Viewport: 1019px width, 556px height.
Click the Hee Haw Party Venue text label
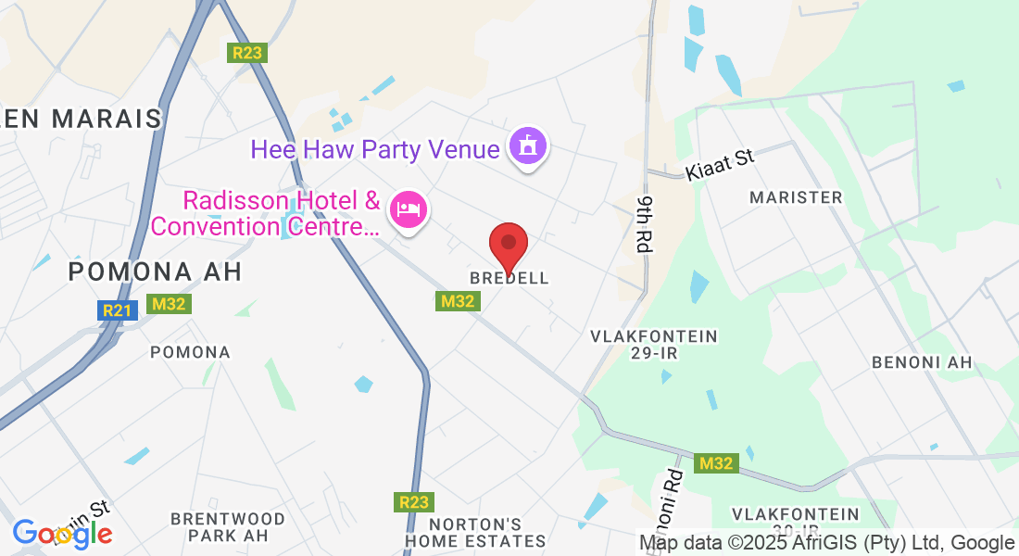(x=375, y=149)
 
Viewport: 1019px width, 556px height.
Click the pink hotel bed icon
(x=409, y=208)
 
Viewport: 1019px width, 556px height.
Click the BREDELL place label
(x=509, y=278)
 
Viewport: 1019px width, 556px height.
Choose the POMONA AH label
(x=156, y=272)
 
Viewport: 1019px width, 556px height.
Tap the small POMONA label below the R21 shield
(x=190, y=352)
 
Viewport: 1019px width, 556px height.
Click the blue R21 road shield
(x=118, y=310)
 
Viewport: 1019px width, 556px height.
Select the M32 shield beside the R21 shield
(x=170, y=304)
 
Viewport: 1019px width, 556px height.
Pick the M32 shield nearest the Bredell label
(x=458, y=301)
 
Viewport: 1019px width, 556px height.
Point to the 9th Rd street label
(x=644, y=225)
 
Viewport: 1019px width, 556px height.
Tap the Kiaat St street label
(x=720, y=166)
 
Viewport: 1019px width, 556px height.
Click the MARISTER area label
(x=796, y=197)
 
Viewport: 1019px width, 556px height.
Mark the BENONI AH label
(x=923, y=362)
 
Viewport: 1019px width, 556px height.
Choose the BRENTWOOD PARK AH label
(x=228, y=526)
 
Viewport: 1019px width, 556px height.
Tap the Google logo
(x=62, y=534)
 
